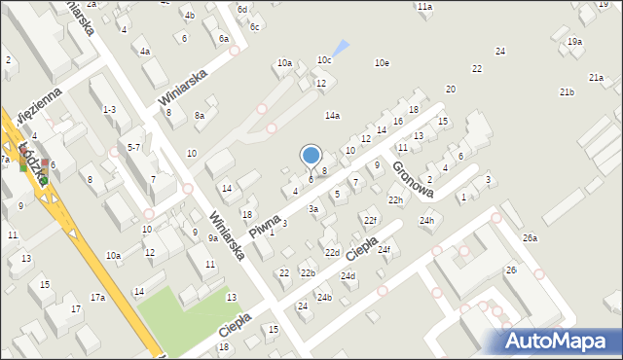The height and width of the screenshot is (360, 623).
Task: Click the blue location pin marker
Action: [311, 157]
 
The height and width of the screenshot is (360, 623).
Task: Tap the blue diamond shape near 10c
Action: [339, 47]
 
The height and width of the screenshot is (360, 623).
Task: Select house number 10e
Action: [384, 63]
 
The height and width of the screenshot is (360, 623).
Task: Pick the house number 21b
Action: [567, 91]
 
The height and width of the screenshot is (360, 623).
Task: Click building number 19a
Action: [575, 41]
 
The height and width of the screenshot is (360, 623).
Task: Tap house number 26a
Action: [530, 238]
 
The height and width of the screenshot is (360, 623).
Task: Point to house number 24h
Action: [426, 221]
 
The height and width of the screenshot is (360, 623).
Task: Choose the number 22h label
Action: [395, 200]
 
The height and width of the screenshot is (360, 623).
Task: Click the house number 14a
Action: [333, 116]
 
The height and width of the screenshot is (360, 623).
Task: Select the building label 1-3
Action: [110, 110]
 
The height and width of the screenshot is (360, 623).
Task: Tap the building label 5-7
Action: [134, 147]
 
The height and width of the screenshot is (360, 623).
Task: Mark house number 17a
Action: [97, 298]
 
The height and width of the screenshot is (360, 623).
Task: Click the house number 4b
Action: [189, 16]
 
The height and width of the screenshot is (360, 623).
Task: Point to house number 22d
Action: [332, 253]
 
